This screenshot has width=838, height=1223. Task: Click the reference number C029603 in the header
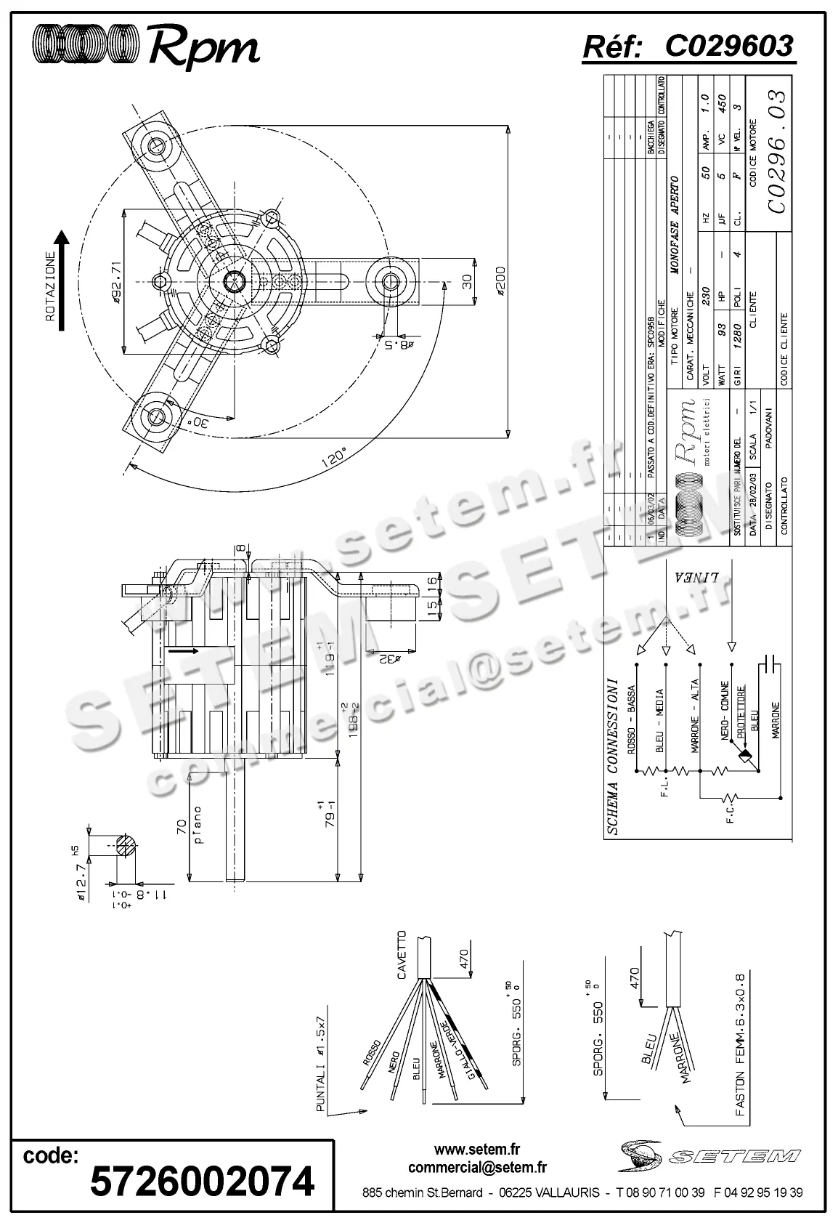pyautogui.click(x=728, y=47)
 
